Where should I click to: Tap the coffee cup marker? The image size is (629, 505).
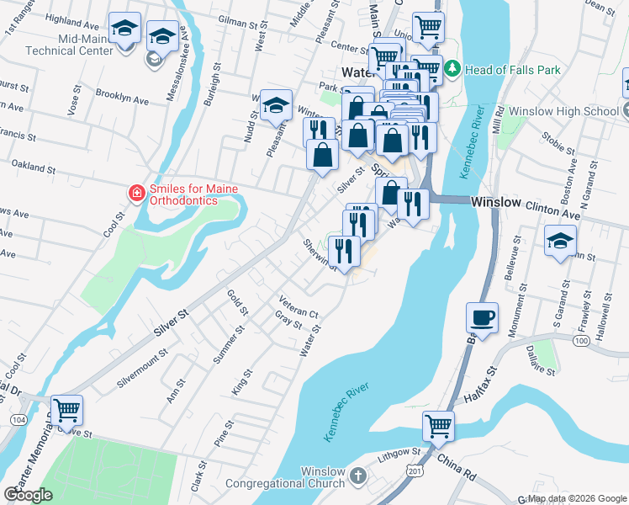click(x=482, y=318)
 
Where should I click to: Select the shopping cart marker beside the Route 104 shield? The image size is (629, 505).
click(x=66, y=411)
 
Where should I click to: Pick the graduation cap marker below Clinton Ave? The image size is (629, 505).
click(x=560, y=241)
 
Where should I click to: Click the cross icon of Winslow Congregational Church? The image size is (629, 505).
click(x=358, y=476)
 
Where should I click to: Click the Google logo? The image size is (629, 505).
click(x=28, y=495)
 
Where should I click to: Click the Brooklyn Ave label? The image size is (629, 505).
click(x=122, y=97)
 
